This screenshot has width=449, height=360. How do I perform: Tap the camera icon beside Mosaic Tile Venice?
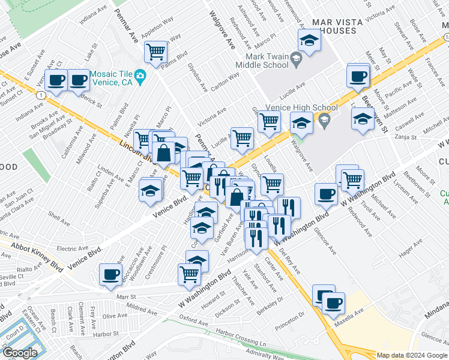pyautogui.click(x=140, y=76)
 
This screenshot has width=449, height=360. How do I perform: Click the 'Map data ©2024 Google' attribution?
pyautogui.click(x=411, y=355)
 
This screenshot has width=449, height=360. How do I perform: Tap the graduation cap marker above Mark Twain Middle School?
pyautogui.click(x=309, y=40)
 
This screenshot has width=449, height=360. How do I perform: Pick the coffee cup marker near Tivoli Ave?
pyautogui.click(x=326, y=194)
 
